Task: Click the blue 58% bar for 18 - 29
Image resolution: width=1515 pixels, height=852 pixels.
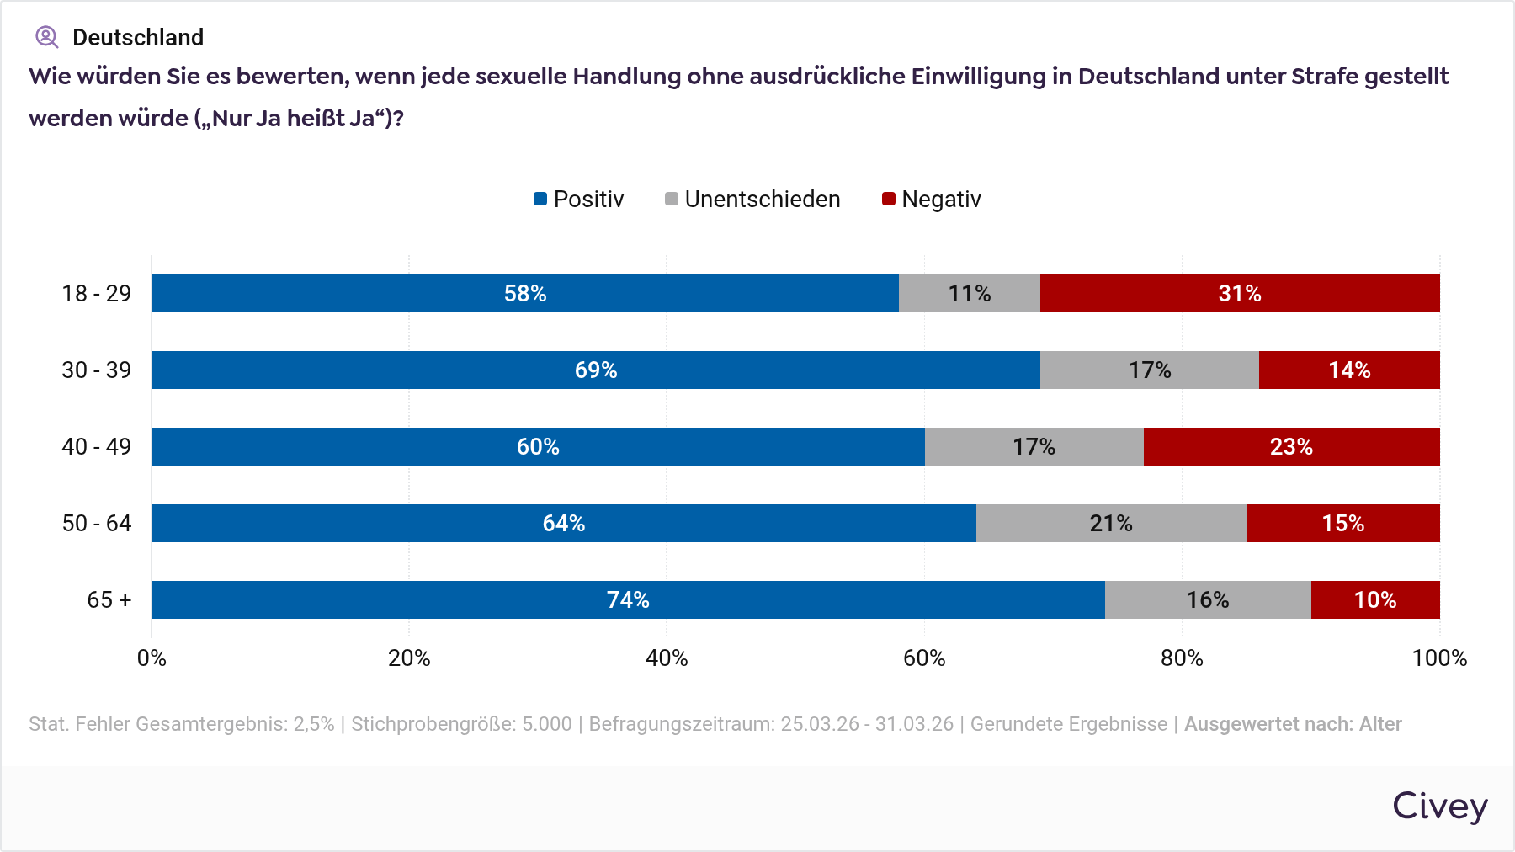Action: pyautogui.click(x=525, y=293)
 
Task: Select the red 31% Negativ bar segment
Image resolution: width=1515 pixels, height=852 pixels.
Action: pyautogui.click(x=1240, y=293)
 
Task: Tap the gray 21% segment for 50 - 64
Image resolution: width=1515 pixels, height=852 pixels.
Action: pyautogui.click(x=1111, y=523)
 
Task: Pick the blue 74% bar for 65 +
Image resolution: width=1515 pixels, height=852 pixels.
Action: pyautogui.click(x=628, y=599)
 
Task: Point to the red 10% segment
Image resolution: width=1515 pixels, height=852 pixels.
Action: pyautogui.click(x=1375, y=599)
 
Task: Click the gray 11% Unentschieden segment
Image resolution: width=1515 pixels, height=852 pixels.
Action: pyautogui.click(x=970, y=293)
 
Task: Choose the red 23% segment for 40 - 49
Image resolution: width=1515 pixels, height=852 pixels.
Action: pyautogui.click(x=1291, y=446)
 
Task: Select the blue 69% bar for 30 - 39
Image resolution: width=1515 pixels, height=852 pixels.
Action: pyautogui.click(x=596, y=370)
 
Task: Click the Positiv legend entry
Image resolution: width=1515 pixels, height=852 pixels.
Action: pyautogui.click(x=579, y=200)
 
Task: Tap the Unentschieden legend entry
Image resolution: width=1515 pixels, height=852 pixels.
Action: pyautogui.click(x=752, y=200)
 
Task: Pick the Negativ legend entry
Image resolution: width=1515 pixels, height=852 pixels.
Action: pyautogui.click(x=932, y=200)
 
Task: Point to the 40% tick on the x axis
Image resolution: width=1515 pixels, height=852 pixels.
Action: pyautogui.click(x=667, y=658)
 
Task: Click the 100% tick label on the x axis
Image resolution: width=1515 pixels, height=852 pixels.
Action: pyautogui.click(x=1439, y=658)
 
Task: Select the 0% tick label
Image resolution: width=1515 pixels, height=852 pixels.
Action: pyautogui.click(x=151, y=658)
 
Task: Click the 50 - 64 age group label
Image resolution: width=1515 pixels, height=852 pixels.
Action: pyautogui.click(x=97, y=523)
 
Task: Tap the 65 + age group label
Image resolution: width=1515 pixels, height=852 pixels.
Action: pyautogui.click(x=109, y=599)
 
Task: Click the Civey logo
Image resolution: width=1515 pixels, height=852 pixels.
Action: pyautogui.click(x=1439, y=806)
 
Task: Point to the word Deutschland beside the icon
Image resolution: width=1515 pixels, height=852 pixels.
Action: pyautogui.click(x=138, y=37)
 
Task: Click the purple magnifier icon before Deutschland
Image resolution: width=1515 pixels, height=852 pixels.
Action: pyautogui.click(x=46, y=37)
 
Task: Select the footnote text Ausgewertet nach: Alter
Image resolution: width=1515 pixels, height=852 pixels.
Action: pyautogui.click(x=1293, y=724)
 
